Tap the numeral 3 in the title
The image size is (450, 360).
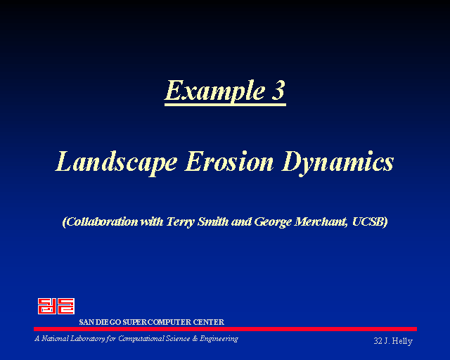278,90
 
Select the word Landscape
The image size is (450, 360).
116,163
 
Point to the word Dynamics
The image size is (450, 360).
337,163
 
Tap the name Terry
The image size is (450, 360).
181,222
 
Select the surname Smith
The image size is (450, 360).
213,221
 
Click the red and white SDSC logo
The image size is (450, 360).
56,306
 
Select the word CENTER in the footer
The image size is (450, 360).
208,322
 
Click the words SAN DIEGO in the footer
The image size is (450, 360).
100,322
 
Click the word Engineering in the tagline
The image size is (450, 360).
219,339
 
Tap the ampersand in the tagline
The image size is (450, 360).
195,339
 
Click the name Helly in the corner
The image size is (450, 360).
402,341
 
